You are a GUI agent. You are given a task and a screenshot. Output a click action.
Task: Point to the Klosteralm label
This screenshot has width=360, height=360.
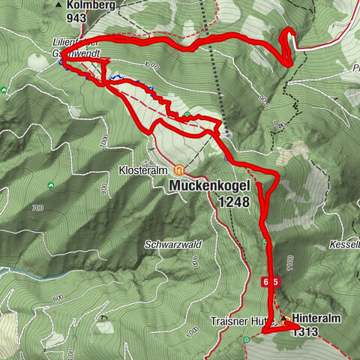[144, 170]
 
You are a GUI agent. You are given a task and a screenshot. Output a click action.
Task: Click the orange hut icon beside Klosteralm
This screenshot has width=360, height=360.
[178, 169]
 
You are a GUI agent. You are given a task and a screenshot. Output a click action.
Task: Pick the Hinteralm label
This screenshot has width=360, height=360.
[316, 318]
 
